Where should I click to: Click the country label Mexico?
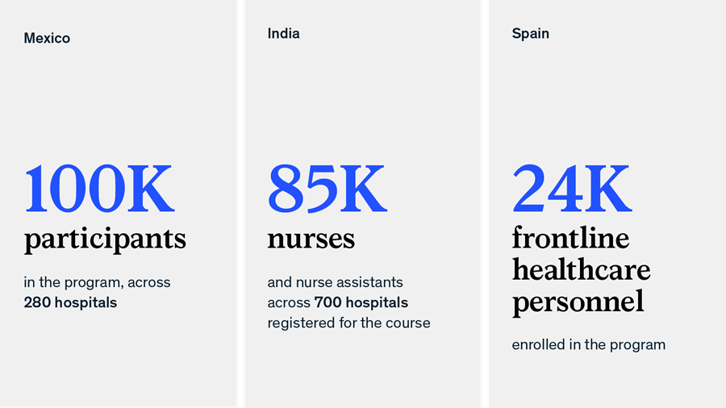coord(47,38)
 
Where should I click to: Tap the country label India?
coord(283,34)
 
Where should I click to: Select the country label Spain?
coord(530,34)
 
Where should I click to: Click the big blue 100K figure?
coord(99,189)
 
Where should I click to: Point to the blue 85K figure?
coord(327,189)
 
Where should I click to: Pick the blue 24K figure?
coord(571,189)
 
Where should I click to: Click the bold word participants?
coord(105,239)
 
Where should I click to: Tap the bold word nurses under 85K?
coord(311,239)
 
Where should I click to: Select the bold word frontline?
coord(570,238)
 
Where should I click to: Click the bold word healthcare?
coord(581,269)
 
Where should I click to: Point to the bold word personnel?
coord(578,302)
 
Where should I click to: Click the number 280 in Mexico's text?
coord(37,303)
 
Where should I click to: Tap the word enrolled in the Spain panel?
coord(537,345)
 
